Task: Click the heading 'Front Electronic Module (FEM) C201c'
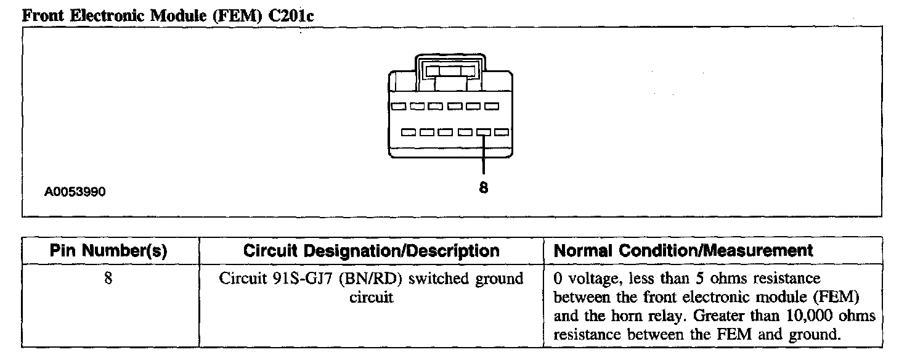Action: pos(168,16)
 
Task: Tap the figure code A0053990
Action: pos(75,192)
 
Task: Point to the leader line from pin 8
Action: pos(484,154)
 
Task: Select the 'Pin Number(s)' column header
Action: pos(108,251)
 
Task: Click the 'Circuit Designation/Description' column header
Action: pos(372,251)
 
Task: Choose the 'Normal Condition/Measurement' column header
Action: pos(683,251)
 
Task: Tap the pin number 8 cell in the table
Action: pos(108,279)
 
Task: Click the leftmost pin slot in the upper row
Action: pos(399,106)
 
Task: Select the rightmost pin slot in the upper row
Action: pos(491,106)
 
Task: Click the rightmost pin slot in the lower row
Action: pos(501,132)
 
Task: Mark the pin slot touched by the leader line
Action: pos(483,132)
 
